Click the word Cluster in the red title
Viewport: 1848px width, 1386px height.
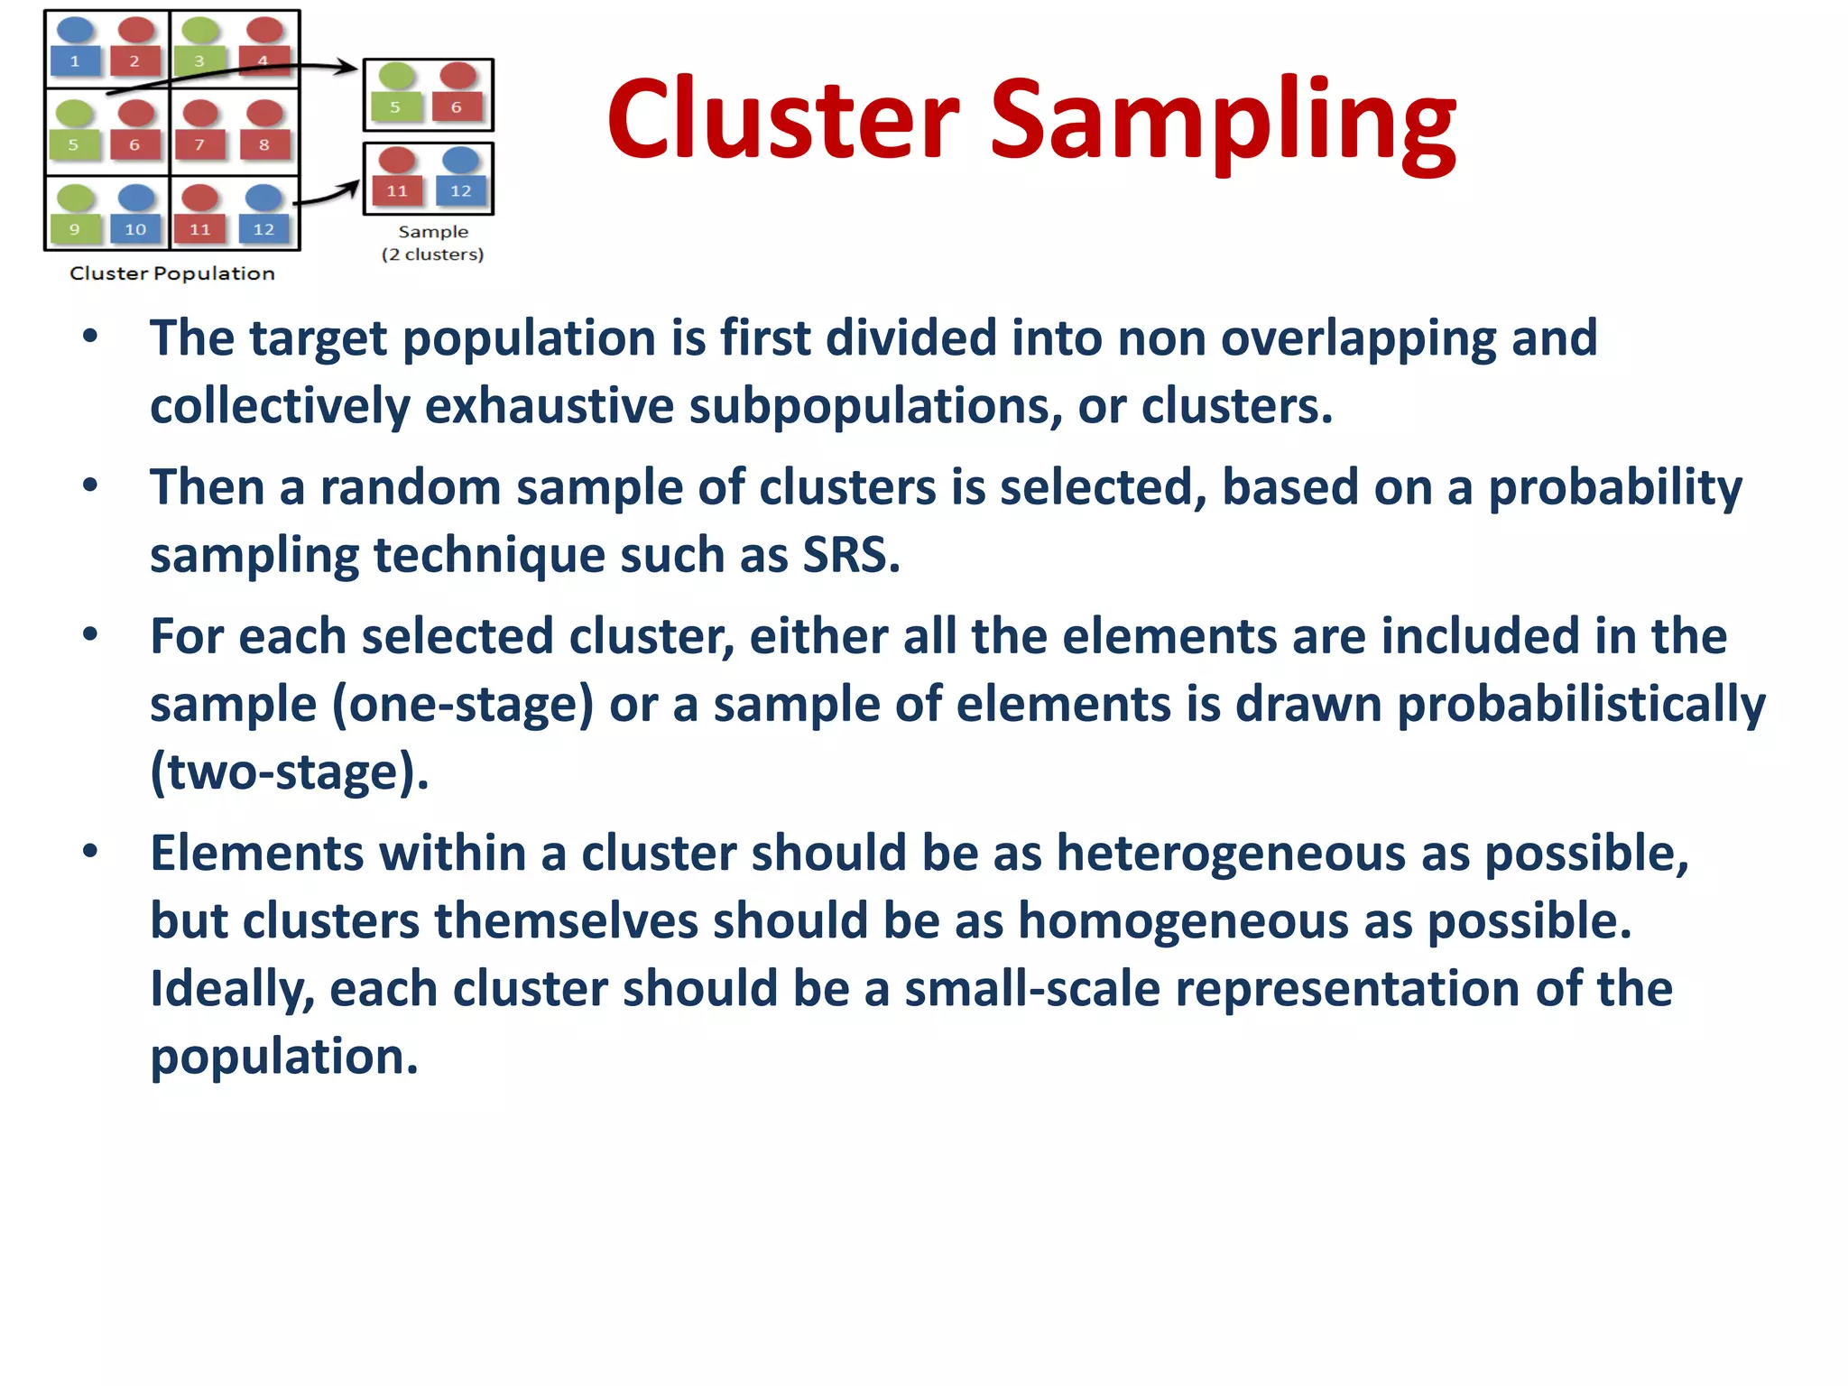(x=782, y=119)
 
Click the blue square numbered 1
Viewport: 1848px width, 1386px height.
(x=75, y=60)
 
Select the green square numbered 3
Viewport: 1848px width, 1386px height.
(x=199, y=60)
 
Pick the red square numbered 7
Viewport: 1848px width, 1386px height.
(x=199, y=144)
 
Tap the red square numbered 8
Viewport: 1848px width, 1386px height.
(x=263, y=144)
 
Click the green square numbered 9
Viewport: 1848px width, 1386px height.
(x=75, y=229)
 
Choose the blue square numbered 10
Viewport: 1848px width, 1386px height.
(x=135, y=229)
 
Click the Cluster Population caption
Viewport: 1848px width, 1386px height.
(x=172, y=273)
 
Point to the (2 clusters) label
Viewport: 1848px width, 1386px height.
(x=432, y=254)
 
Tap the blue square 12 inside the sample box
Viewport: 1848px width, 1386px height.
(x=460, y=191)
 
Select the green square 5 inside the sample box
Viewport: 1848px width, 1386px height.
(x=395, y=106)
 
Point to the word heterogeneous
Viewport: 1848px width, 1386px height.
(x=1231, y=853)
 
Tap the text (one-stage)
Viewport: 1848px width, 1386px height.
(x=463, y=705)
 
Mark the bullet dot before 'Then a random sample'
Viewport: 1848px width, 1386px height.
(x=89, y=486)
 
